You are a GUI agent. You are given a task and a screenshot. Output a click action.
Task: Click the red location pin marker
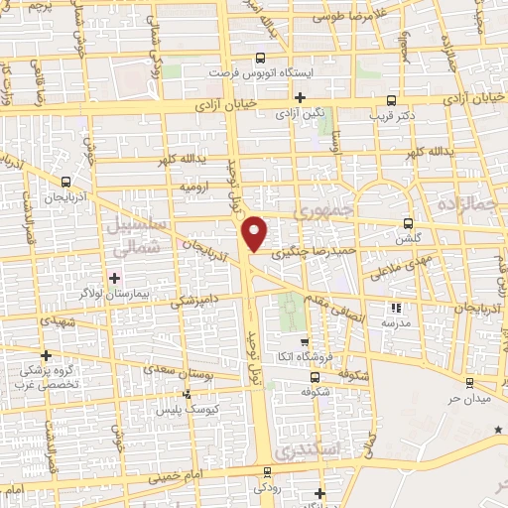click(255, 233)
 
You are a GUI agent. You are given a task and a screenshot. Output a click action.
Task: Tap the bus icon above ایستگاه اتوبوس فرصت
click(260, 58)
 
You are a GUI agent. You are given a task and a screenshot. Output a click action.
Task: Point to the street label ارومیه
click(193, 186)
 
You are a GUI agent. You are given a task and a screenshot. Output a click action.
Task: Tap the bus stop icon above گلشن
click(408, 223)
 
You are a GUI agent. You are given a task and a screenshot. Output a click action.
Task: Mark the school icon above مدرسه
click(398, 308)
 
